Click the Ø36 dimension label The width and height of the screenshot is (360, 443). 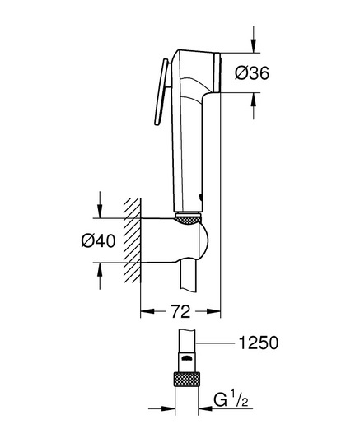[252, 73]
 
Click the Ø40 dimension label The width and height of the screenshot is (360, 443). [98, 241]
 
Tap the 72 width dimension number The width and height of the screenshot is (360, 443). [180, 311]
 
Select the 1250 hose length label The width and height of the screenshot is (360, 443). [259, 343]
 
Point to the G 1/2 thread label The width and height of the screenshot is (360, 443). [231, 399]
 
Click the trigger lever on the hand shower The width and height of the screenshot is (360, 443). [161, 91]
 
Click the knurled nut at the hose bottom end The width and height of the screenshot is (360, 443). [187, 380]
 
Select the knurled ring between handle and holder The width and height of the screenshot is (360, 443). [188, 218]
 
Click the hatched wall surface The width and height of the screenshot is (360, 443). [132, 240]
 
